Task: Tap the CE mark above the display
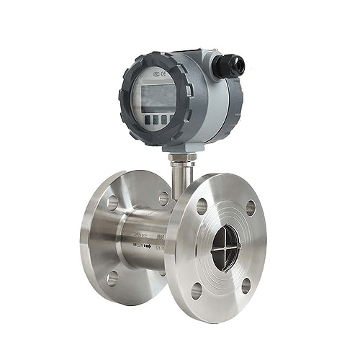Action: click(160, 73)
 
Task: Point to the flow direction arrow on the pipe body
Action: click(144, 246)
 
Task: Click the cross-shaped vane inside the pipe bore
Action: click(225, 247)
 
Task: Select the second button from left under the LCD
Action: click(155, 120)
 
